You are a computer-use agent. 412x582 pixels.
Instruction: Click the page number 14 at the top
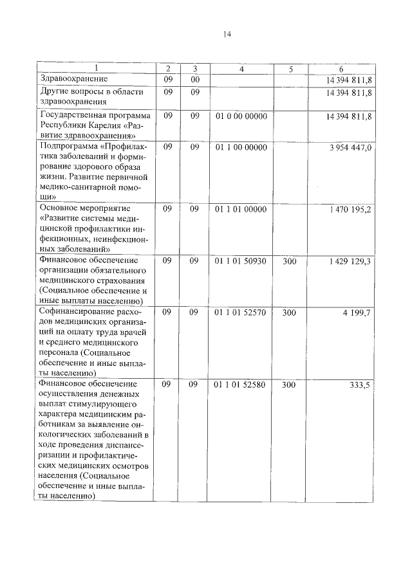point(227,34)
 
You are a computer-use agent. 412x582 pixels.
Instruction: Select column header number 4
point(241,69)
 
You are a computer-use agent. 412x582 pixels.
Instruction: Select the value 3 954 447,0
point(350,147)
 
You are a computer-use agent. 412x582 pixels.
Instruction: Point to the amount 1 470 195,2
point(350,209)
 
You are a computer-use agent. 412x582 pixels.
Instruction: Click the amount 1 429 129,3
point(350,260)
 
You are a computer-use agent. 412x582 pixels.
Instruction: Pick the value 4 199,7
point(360,312)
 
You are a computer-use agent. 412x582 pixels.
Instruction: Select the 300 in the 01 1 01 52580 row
point(290,385)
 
